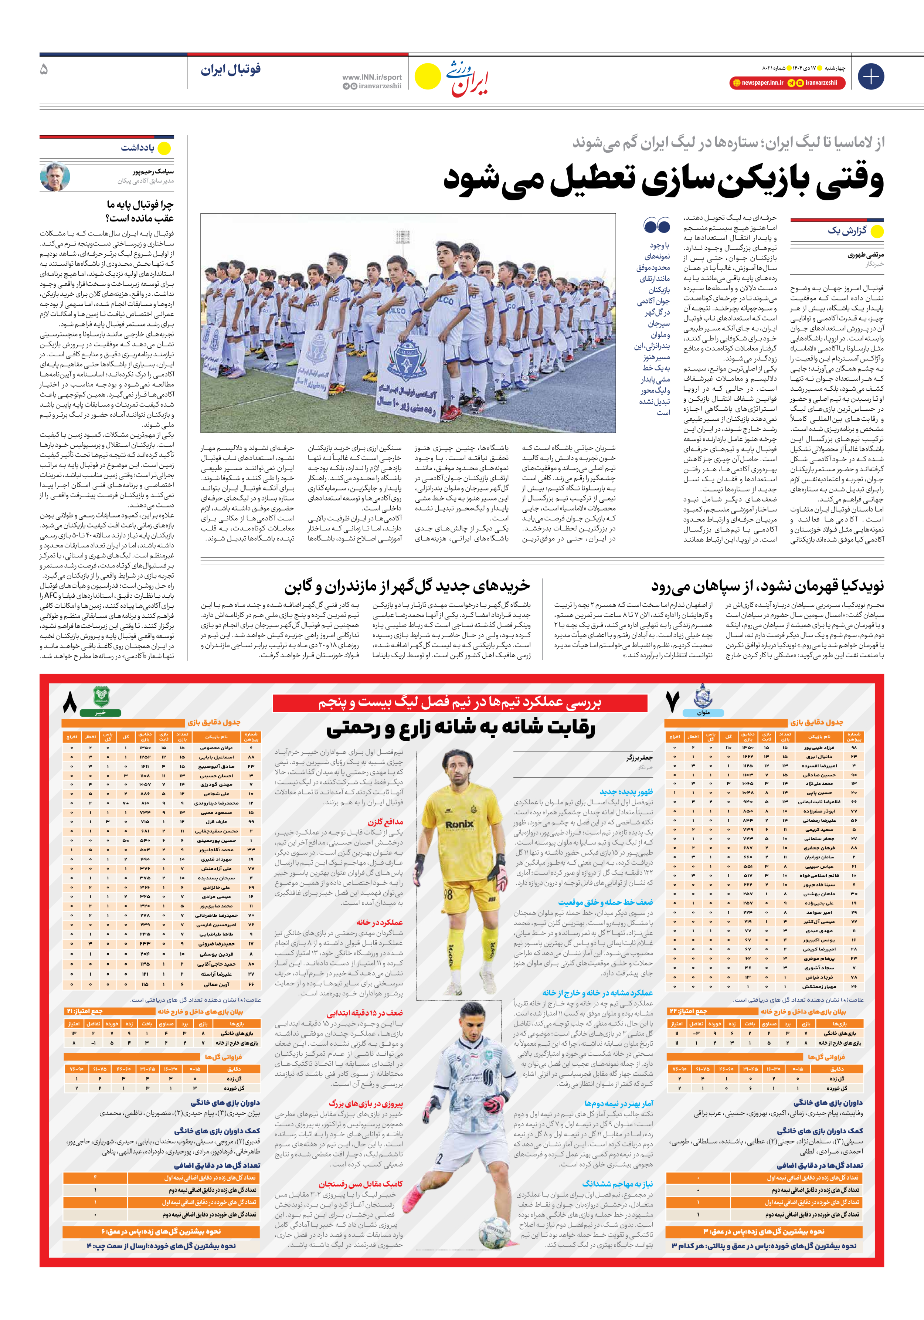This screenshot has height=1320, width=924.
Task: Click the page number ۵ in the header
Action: point(44,69)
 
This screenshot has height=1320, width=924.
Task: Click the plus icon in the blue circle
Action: point(870,77)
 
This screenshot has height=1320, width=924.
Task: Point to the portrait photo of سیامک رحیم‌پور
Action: point(55,176)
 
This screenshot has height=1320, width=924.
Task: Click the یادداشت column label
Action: point(137,148)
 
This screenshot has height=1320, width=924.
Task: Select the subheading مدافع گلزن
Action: point(385,822)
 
